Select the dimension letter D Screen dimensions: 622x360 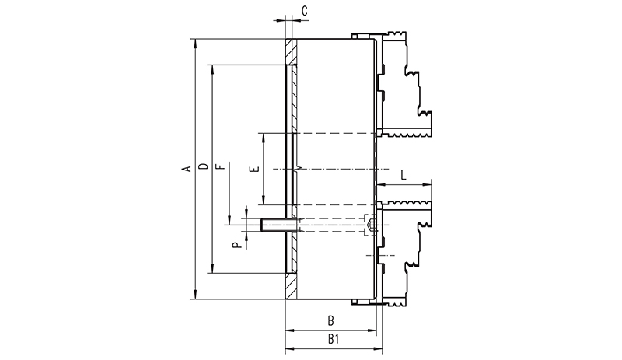(x=203, y=166)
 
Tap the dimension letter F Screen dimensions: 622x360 (x=222, y=166)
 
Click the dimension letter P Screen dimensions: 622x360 (x=237, y=245)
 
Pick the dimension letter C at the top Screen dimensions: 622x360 (x=304, y=11)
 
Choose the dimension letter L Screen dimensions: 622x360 (x=404, y=175)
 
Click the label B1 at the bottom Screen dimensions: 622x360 (x=334, y=339)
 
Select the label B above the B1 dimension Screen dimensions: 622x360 (x=330, y=320)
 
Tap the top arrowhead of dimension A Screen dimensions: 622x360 (x=194, y=43)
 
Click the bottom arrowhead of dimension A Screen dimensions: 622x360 (x=194, y=295)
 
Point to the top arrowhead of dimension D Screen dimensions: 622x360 (x=211, y=68)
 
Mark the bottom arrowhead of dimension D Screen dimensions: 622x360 (x=211, y=269)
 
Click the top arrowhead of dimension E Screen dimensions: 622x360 (x=264, y=137)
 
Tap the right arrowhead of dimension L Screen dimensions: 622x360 (x=427, y=184)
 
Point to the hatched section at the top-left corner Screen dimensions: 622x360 (x=291, y=51)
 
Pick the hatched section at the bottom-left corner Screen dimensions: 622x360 (x=291, y=286)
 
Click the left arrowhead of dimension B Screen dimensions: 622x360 (x=290, y=330)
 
